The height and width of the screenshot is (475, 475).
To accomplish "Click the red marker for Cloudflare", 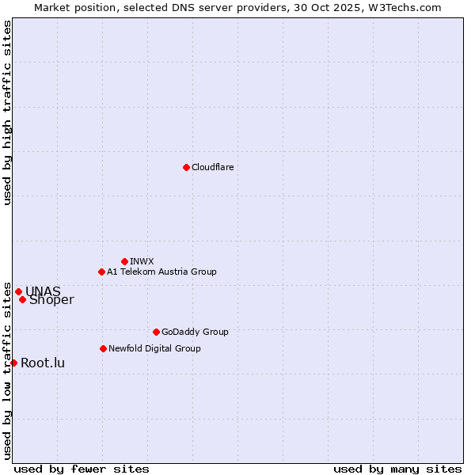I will pyautogui.click(x=186, y=167).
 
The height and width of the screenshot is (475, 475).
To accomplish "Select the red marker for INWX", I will pyautogui.click(x=124, y=261).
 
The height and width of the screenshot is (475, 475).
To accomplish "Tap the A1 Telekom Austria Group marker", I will pyautogui.click(x=101, y=272).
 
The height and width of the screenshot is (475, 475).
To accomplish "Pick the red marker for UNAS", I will pyautogui.click(x=18, y=291).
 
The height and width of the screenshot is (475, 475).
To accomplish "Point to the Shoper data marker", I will pyautogui.click(x=22, y=299).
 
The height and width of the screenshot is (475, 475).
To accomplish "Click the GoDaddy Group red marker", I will pyautogui.click(x=156, y=332).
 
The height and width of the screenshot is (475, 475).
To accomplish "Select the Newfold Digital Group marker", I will pyautogui.click(x=103, y=348).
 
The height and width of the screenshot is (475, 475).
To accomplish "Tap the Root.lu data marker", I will pyautogui.click(x=13, y=363).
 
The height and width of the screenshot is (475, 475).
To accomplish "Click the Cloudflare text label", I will pyautogui.click(x=213, y=167).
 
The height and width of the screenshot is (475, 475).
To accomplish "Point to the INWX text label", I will pyautogui.click(x=142, y=261).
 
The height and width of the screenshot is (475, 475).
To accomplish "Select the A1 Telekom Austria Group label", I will pyautogui.click(x=161, y=272).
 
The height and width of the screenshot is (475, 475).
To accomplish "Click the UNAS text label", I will pyautogui.click(x=43, y=291).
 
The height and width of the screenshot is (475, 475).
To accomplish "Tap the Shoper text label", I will pyautogui.click(x=51, y=300).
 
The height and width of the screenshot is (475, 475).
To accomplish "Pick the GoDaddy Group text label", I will pyautogui.click(x=195, y=332).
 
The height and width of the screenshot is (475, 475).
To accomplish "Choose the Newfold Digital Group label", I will pyautogui.click(x=154, y=348).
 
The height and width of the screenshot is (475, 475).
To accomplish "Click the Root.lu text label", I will pyautogui.click(x=43, y=363).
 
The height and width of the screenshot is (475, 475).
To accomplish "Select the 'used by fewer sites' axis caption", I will pyautogui.click(x=82, y=469).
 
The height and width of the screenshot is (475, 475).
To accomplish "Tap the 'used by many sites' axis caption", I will pyautogui.click(x=397, y=469).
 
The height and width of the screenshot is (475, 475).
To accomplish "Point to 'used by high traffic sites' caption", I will pyautogui.click(x=8, y=112).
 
